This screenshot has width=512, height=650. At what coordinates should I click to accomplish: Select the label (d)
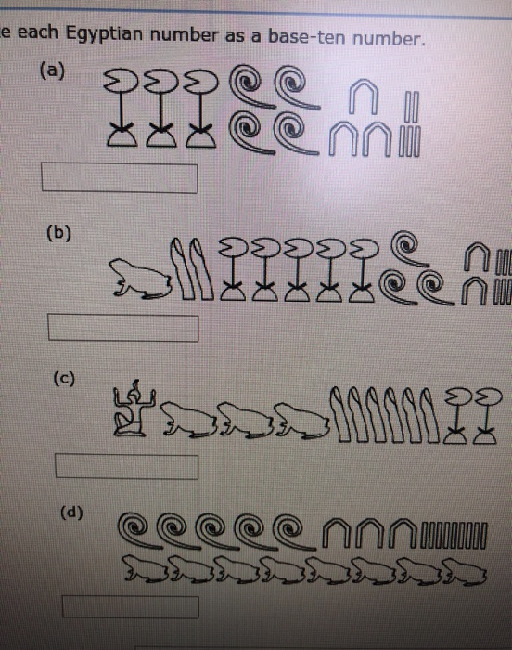pyautogui.click(x=70, y=511)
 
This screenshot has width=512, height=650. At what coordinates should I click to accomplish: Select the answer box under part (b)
pyautogui.click(x=124, y=328)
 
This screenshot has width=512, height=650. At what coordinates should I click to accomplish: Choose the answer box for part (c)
pyautogui.click(x=128, y=465)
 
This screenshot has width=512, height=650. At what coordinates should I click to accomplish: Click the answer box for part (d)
pyautogui.click(x=130, y=606)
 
